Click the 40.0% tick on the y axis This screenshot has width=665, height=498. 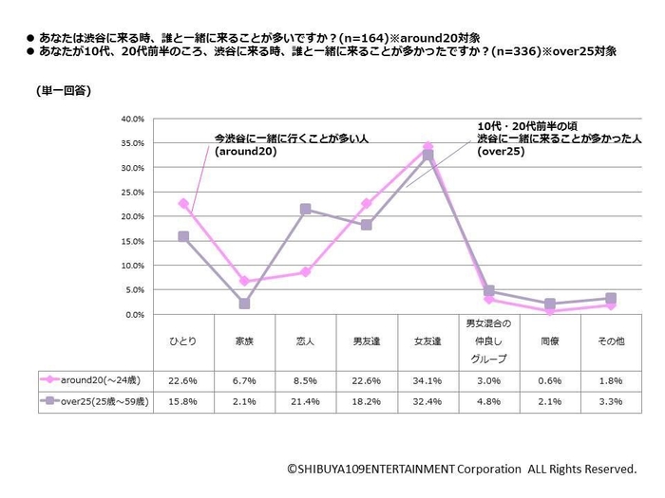[x=131, y=120]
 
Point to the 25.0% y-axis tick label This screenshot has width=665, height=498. [x=131, y=193]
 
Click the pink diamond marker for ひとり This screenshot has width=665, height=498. [x=183, y=203]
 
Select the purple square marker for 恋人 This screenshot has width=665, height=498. [x=305, y=209]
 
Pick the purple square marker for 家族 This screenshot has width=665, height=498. [x=244, y=304]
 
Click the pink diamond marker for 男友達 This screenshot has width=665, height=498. [x=367, y=203]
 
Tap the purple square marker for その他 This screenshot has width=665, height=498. [x=611, y=298]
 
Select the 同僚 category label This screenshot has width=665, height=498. [x=549, y=340]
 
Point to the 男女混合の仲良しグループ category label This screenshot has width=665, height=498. [x=488, y=341]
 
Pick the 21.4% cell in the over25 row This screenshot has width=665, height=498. [x=305, y=401]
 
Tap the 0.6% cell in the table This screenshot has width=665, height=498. [x=549, y=380]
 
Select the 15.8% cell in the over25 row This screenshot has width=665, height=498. [x=183, y=401]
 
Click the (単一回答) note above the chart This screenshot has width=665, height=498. [x=63, y=91]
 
